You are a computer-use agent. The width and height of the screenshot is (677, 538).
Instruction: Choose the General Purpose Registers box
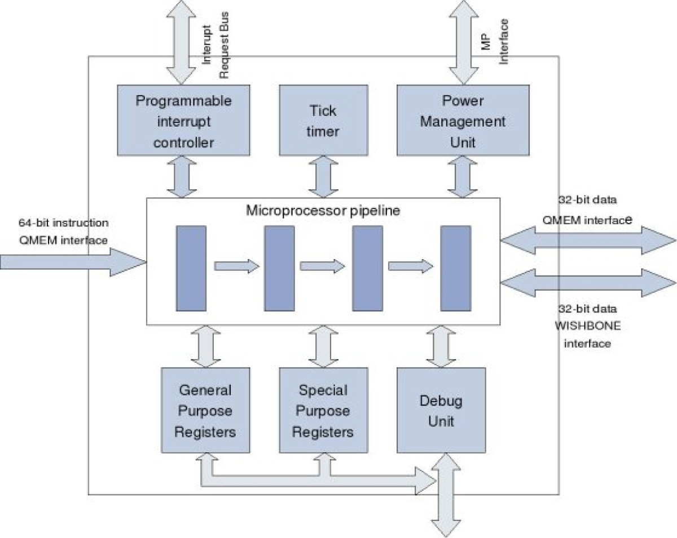click(205, 410)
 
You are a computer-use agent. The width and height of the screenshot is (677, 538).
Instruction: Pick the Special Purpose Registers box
click(324, 410)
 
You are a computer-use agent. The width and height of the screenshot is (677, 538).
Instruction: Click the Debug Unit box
click(441, 410)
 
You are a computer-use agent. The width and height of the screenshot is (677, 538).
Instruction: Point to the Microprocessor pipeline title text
click(323, 211)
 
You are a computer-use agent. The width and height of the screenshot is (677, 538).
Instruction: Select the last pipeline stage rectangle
click(455, 268)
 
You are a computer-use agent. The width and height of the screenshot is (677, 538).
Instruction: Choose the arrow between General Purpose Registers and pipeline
click(205, 346)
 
